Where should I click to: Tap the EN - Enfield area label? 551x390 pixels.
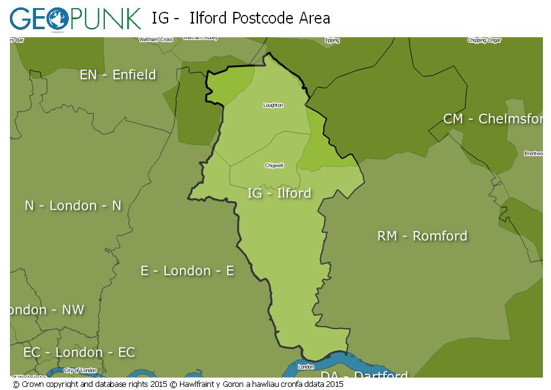point(118,75)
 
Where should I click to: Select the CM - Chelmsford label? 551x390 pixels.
point(493,119)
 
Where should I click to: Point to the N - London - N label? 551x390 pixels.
point(73,206)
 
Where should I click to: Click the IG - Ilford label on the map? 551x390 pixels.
point(279,193)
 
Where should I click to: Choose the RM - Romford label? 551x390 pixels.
point(423,236)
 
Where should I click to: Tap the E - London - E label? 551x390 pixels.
point(187,271)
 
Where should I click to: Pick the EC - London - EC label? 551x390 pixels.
point(79,352)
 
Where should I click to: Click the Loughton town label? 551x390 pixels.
point(273,105)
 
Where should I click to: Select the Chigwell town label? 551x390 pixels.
point(274,166)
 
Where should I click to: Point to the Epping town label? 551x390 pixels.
point(332,40)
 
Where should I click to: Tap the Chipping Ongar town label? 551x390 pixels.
point(484,40)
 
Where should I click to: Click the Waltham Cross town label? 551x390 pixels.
point(156,40)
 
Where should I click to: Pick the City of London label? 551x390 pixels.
point(80,370)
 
